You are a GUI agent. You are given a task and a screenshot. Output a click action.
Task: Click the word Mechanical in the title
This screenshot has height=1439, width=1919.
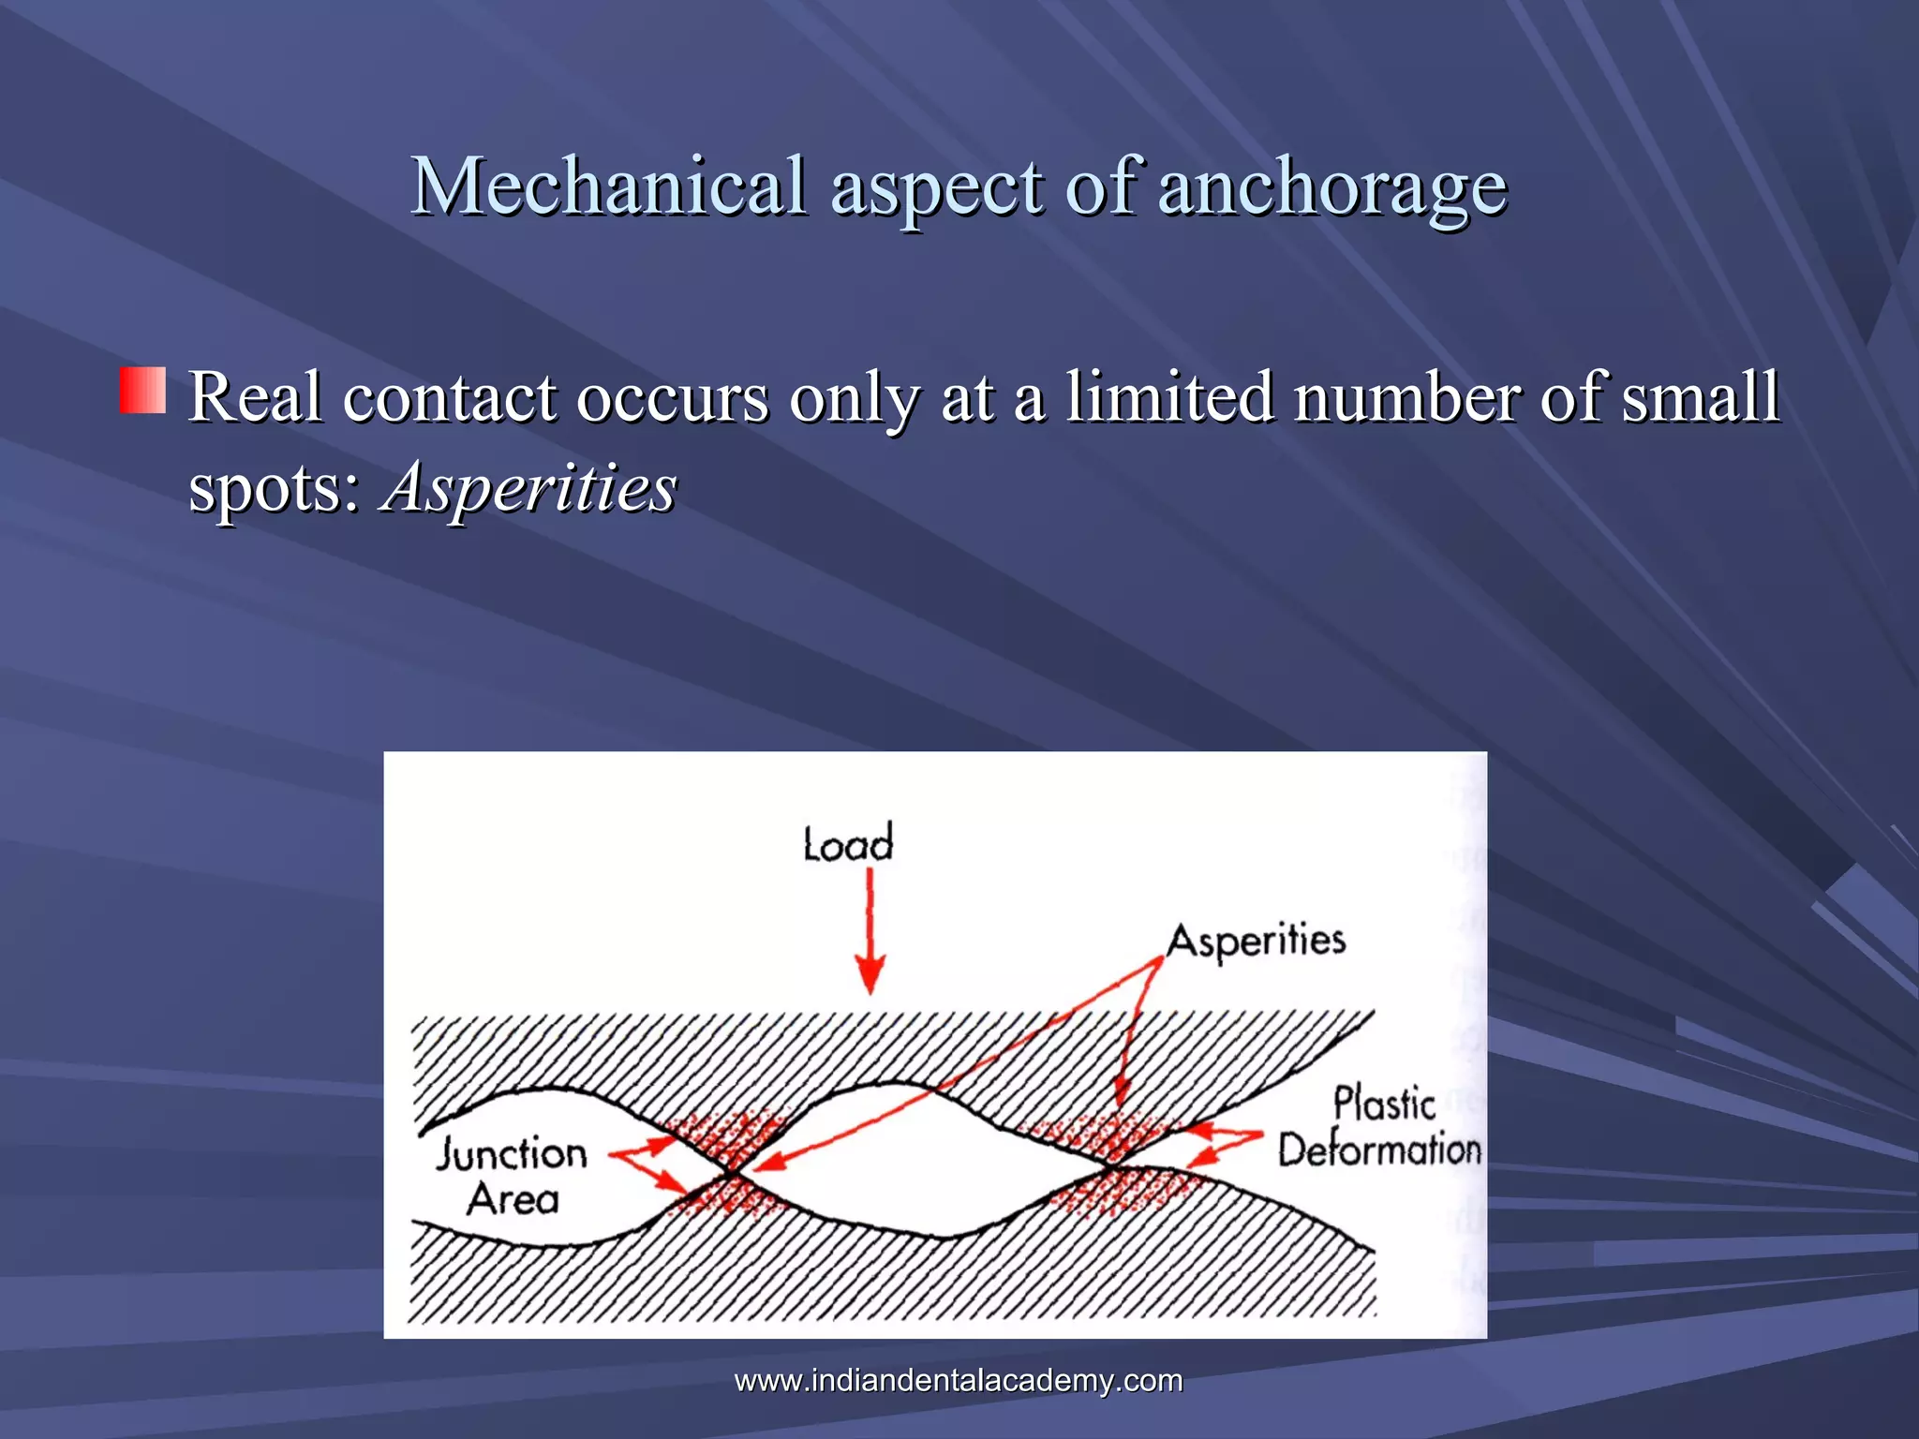609,185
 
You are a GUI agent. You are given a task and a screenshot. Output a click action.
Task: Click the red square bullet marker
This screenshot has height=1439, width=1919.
142,391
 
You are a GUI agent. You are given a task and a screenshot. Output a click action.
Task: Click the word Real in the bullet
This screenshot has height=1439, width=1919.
256,397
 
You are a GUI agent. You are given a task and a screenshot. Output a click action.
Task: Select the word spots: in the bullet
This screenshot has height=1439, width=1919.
275,488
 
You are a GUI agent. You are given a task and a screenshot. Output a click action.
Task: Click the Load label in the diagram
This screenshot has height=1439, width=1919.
848,844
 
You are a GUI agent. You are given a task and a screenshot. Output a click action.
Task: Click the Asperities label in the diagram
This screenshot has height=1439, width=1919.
1257,941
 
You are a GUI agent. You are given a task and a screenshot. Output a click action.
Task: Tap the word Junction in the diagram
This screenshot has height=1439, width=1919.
512,1153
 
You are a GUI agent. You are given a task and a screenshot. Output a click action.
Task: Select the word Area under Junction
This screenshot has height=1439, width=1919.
513,1199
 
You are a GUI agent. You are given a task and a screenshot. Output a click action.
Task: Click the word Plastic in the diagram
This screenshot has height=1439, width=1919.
1384,1104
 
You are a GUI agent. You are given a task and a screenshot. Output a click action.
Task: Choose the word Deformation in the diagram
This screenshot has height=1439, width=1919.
1379,1150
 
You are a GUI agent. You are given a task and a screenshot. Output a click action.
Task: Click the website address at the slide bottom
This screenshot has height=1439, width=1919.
959,1380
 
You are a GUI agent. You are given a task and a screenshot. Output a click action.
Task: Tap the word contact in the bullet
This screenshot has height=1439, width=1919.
450,397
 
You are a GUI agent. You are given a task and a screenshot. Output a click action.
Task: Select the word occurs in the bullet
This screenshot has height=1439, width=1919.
672,397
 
